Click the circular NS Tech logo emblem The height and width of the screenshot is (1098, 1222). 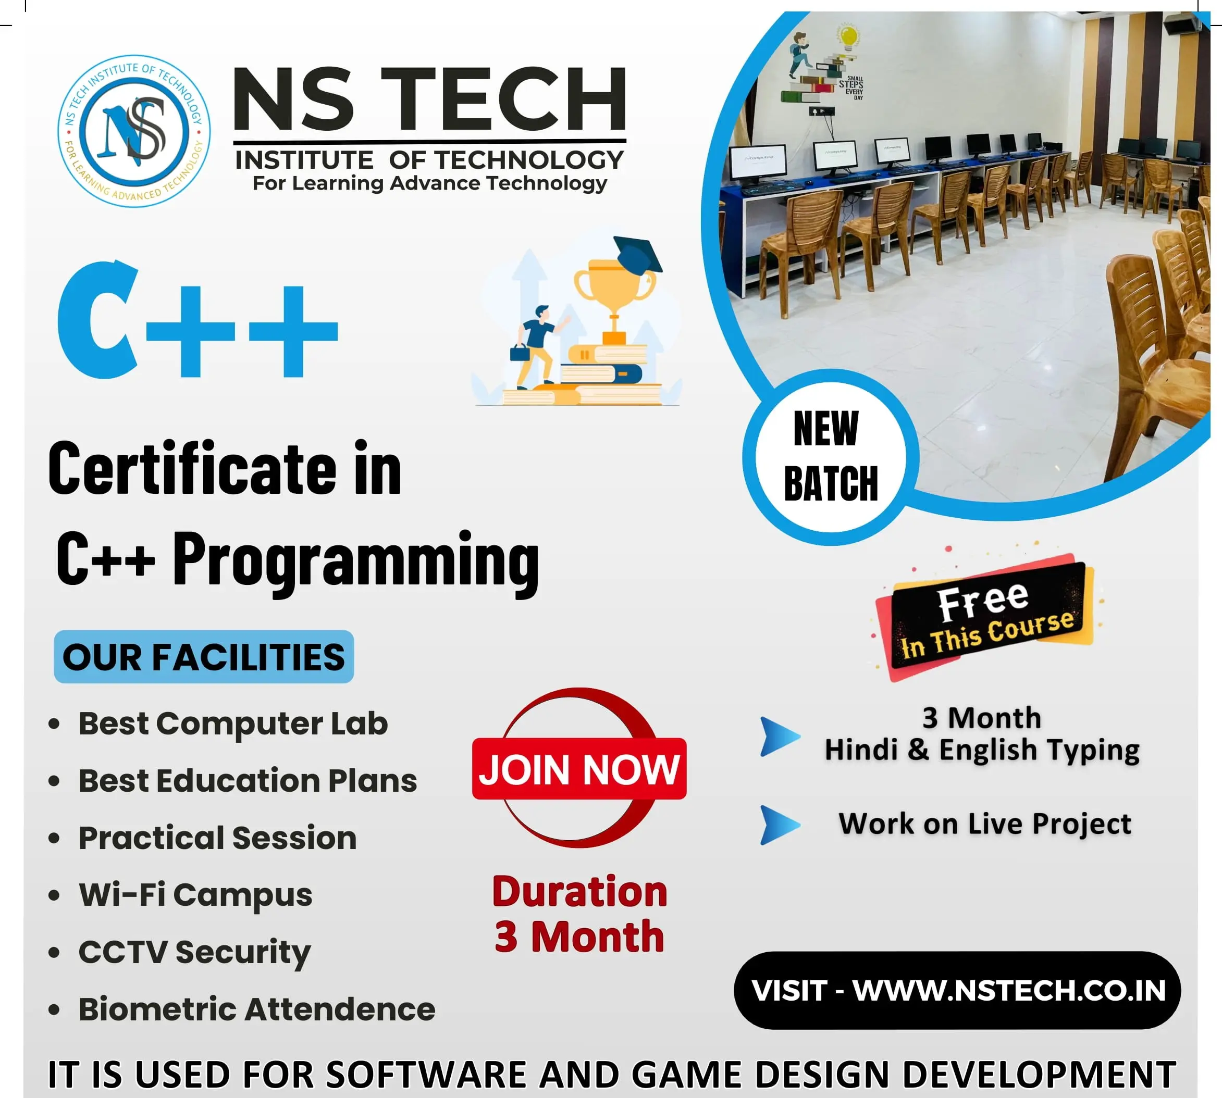point(134,131)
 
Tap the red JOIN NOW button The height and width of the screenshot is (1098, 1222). point(579,769)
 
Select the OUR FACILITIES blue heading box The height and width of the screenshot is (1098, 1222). point(204,656)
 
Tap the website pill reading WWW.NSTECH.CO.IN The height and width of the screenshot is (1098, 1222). point(957,990)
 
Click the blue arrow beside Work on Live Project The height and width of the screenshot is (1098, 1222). point(780,825)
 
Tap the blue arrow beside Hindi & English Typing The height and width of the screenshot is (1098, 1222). point(780,737)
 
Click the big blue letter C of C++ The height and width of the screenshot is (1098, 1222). point(96,320)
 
